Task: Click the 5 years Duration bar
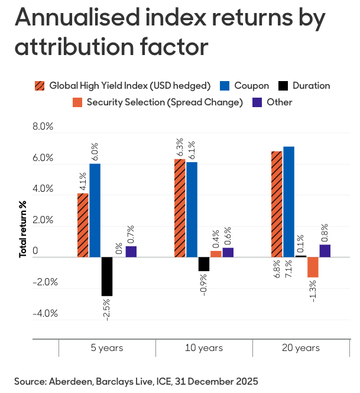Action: pos(107,276)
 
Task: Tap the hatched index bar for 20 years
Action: pos(277,204)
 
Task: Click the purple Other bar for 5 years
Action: pos(131,252)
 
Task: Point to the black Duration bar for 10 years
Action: pos(204,264)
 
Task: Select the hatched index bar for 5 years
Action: pos(83,225)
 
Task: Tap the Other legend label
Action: pos(279,102)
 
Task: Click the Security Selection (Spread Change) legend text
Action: pos(164,102)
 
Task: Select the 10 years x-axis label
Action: pos(204,347)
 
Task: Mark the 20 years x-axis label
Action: pos(300,347)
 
